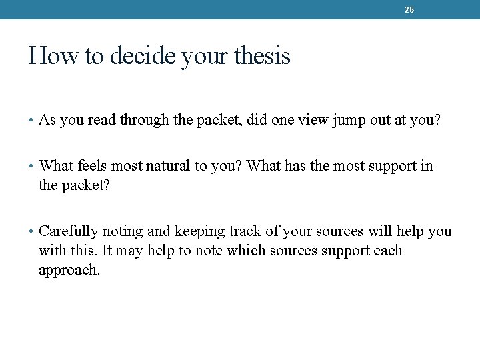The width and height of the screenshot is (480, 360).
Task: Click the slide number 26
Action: tap(409, 10)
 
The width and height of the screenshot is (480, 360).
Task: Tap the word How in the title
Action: tap(44, 55)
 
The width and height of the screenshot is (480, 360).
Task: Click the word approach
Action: tap(69, 271)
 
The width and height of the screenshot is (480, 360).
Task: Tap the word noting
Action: tap(119, 232)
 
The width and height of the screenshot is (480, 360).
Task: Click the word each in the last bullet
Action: tap(388, 251)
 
